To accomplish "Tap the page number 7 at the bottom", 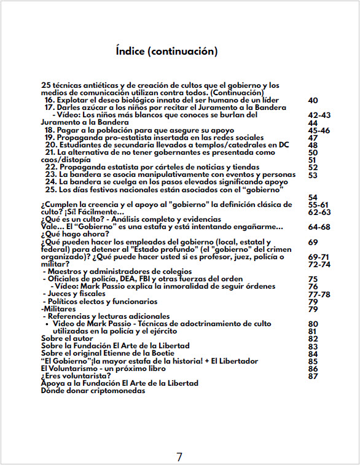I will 179,456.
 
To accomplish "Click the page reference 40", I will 313,100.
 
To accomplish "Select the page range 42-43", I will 319,115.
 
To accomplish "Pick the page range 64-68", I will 319,227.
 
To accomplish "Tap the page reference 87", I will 313,376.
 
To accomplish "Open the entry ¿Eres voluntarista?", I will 76,376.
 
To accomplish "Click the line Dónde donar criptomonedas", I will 93,391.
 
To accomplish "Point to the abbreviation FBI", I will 146,279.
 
